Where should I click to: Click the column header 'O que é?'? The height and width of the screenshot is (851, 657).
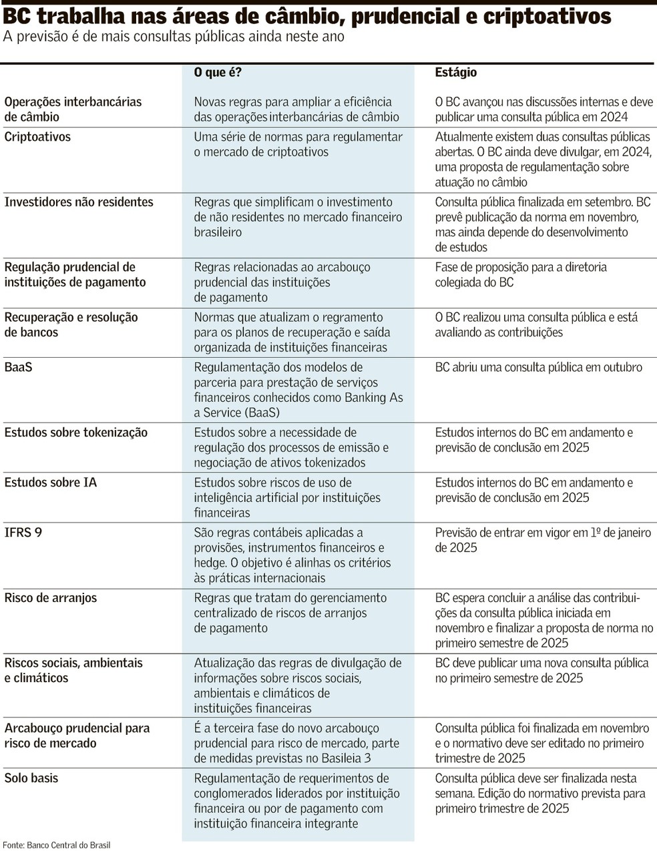coord(218,73)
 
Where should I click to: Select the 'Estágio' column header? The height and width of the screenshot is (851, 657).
coord(456,73)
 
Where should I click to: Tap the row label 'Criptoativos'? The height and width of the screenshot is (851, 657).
coord(37,137)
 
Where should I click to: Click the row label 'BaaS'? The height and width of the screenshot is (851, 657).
coord(18,367)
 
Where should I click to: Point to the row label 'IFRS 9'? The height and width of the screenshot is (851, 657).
coord(23,533)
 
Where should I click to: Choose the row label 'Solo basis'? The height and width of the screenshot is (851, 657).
coord(31,778)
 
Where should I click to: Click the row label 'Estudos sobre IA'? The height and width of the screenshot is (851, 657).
coord(51,483)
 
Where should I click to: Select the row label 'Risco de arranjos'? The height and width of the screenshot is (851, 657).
coord(51,598)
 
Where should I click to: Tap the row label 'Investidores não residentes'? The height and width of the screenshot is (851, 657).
coord(79,202)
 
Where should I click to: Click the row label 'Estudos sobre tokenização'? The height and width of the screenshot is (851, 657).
coord(76,433)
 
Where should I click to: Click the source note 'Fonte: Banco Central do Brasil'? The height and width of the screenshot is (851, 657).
coord(56,845)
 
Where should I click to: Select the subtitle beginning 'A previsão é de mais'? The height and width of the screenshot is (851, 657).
coord(174,37)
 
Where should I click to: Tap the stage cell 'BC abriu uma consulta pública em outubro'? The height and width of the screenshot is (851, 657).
coord(538,367)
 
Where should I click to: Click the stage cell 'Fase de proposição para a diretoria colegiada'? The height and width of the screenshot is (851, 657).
coord(521,274)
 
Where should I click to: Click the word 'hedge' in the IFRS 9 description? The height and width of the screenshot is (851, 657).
coord(210,563)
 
